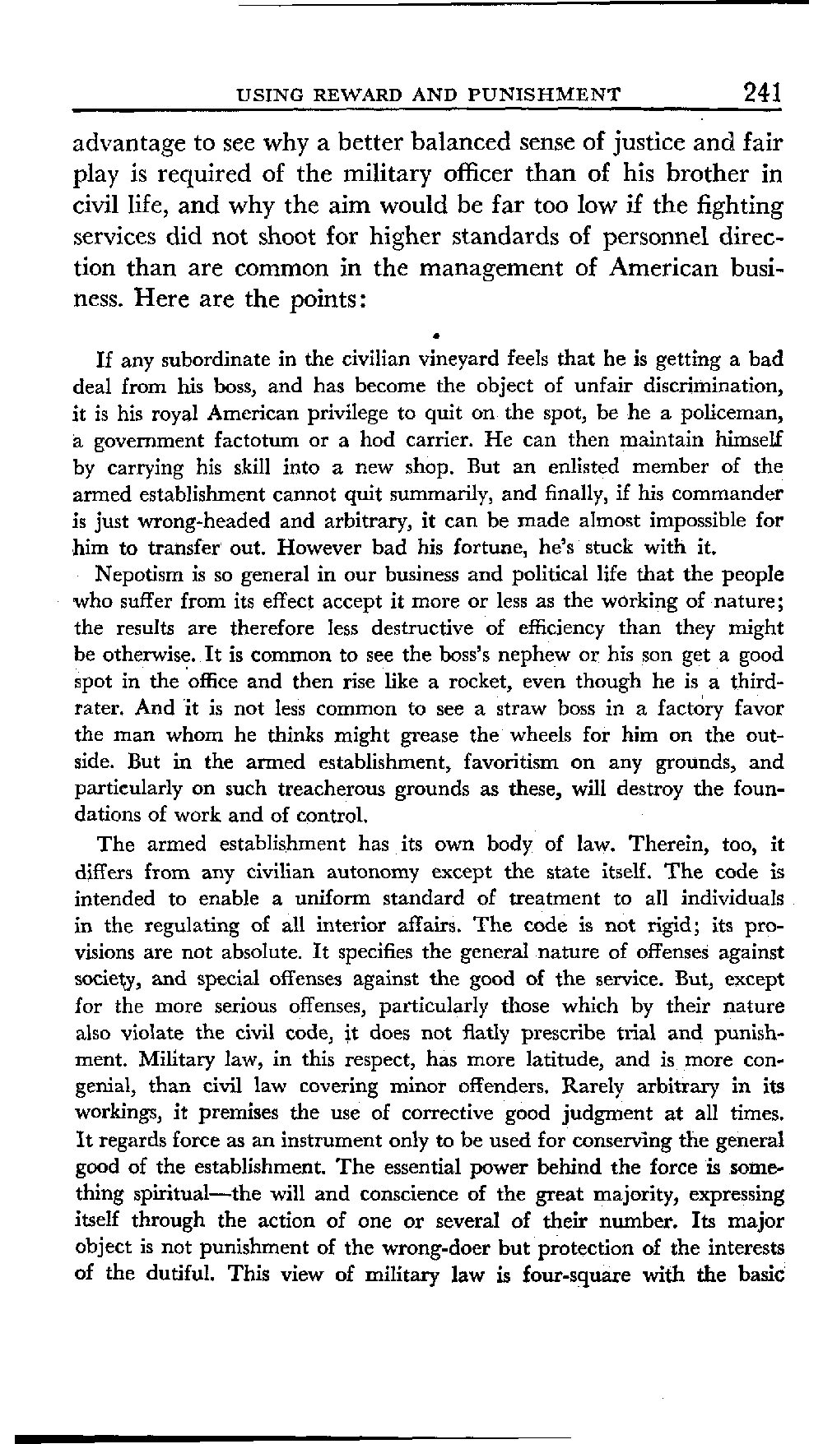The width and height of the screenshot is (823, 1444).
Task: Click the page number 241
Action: click(760, 90)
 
